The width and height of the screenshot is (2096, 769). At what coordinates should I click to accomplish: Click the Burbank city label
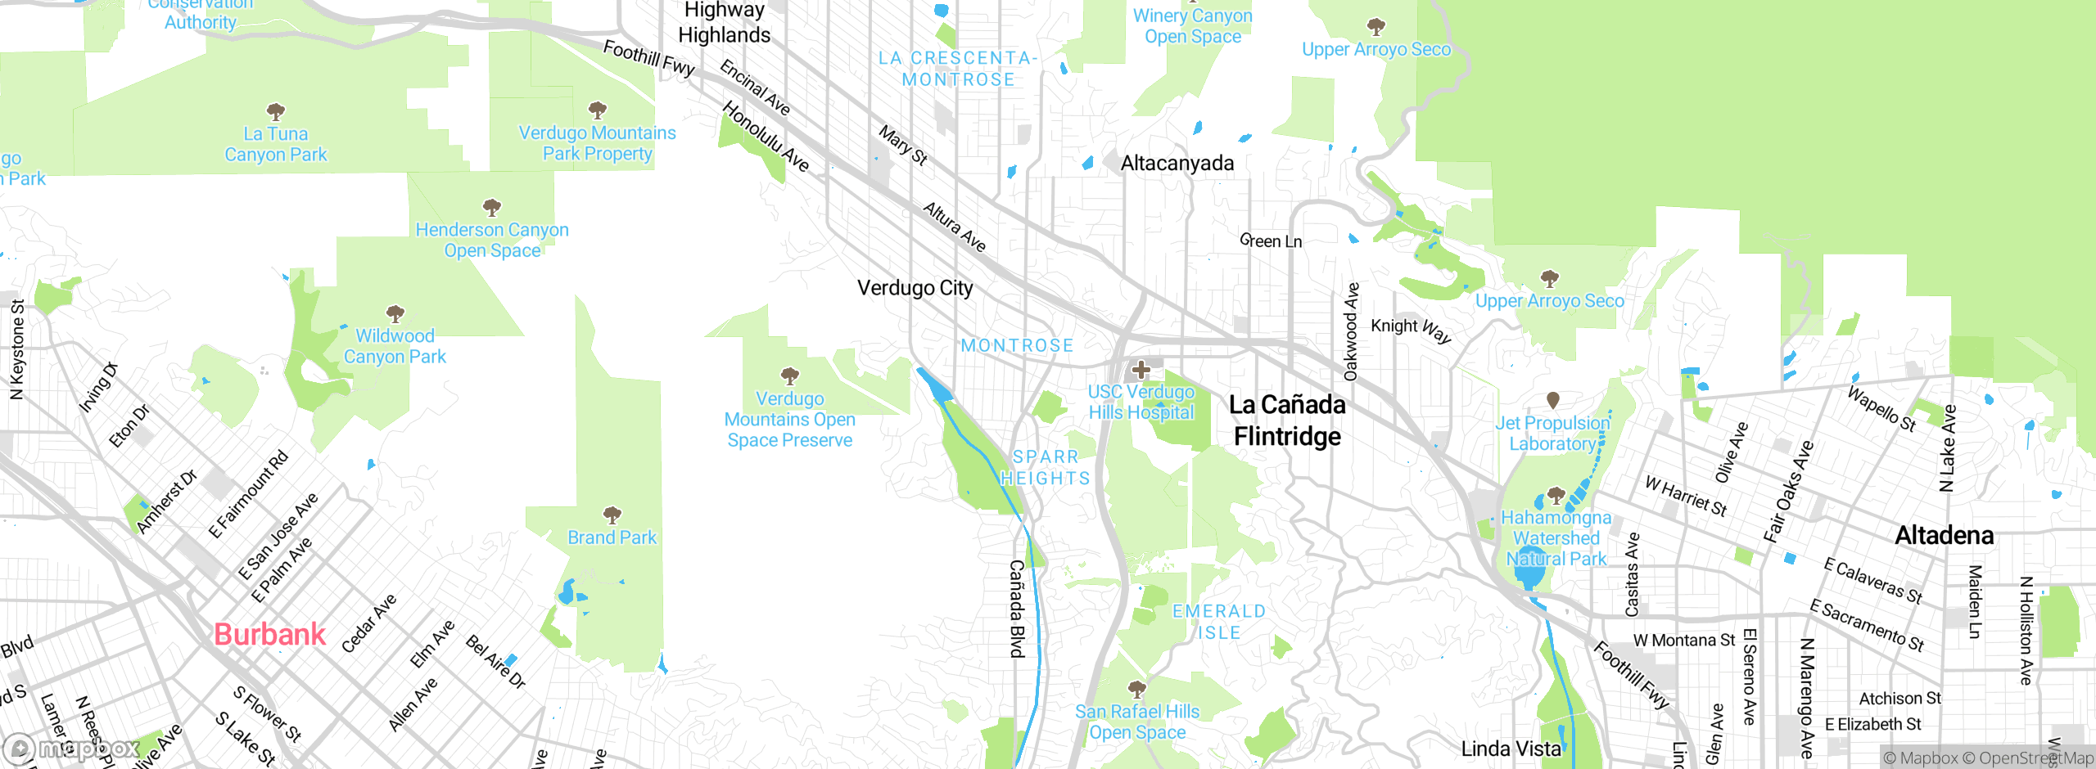[269, 635]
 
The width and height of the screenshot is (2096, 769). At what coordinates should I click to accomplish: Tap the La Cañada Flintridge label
[1288, 420]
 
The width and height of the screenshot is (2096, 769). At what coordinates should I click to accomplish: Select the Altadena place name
[1945, 536]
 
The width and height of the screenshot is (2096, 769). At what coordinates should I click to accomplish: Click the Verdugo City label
[915, 288]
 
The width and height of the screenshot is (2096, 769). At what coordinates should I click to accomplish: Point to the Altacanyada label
[1177, 164]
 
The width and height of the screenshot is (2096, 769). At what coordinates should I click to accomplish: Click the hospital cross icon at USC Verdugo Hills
[1141, 370]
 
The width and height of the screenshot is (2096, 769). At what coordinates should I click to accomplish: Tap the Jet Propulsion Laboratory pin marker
[1552, 400]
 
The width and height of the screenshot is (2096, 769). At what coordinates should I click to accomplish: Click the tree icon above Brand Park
[612, 515]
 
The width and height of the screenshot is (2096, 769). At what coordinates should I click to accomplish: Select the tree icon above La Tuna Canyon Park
[276, 111]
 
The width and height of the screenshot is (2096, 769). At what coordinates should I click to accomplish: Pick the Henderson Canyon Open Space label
[491, 241]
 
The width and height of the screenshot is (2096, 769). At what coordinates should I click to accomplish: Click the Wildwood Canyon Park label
[395, 346]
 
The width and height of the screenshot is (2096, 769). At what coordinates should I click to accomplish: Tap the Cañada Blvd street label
[1017, 609]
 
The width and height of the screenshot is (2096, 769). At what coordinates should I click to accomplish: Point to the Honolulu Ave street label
[766, 137]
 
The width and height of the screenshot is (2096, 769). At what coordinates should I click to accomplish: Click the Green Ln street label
[1271, 241]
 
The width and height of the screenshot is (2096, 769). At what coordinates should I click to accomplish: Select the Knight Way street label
[1411, 329]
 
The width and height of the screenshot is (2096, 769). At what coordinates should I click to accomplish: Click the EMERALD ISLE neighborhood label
[1219, 622]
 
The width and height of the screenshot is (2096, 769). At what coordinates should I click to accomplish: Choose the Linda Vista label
[1511, 749]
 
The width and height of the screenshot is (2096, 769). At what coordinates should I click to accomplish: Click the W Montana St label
[1683, 641]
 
